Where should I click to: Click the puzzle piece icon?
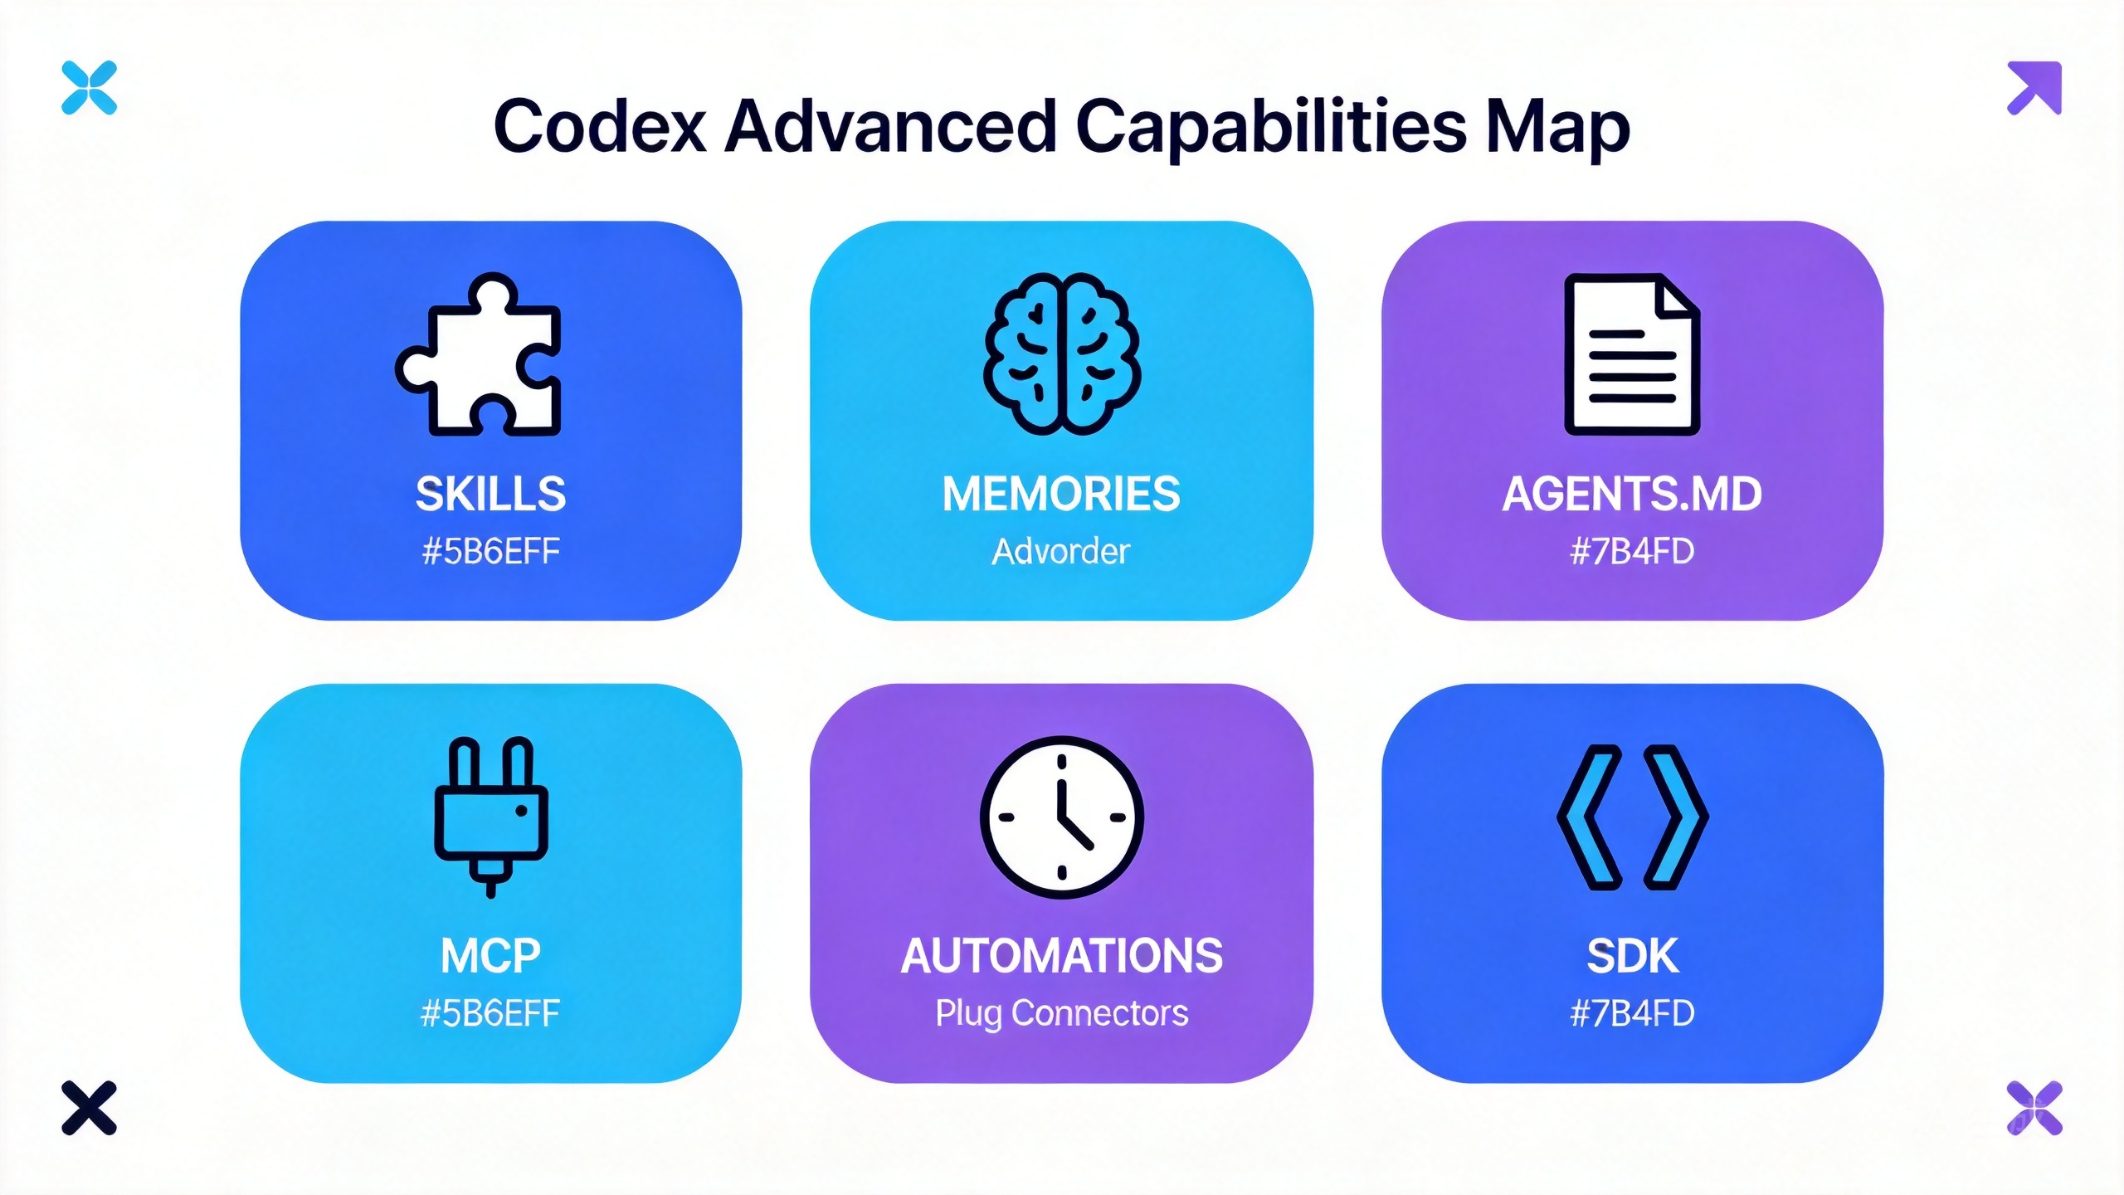pos(480,355)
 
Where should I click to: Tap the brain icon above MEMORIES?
pos(1061,354)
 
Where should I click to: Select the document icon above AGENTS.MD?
pos(1632,354)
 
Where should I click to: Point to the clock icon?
pos(1062,817)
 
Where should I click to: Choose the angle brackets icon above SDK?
pos(1632,817)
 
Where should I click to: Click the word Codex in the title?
pos(600,126)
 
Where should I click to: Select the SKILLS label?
pos(491,494)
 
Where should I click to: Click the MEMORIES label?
pos(1061,494)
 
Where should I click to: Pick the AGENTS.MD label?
pos(1632,494)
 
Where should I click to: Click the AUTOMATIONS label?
pos(1062,956)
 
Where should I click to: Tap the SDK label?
pos(1632,956)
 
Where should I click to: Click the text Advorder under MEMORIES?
pos(1061,552)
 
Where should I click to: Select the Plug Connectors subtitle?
pos(1062,1014)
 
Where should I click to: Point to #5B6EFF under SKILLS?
pos(491,552)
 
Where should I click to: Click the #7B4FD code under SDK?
pos(1632,1013)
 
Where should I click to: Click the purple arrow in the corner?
pos(2034,87)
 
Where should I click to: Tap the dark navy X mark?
pos(89,1107)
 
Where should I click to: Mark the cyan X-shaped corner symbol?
pos(89,87)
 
